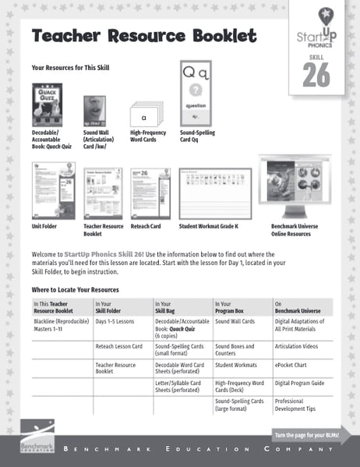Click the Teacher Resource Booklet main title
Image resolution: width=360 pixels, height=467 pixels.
click(143, 37)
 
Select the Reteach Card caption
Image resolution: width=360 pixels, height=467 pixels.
click(146, 226)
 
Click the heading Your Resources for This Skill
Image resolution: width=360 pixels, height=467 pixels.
click(70, 68)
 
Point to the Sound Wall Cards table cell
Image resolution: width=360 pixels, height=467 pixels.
click(235, 321)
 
